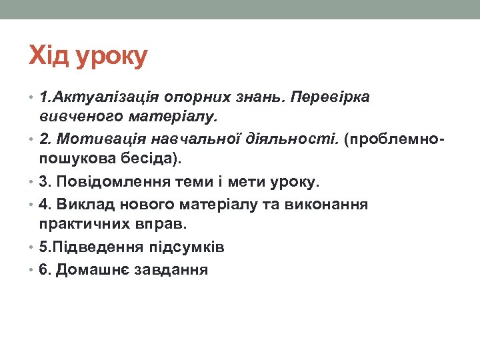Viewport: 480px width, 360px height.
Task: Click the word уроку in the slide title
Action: click(111, 57)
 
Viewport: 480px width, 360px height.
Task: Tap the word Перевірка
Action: click(331, 98)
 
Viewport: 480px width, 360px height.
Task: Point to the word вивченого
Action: click(77, 117)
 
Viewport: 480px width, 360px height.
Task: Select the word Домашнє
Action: click(94, 270)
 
